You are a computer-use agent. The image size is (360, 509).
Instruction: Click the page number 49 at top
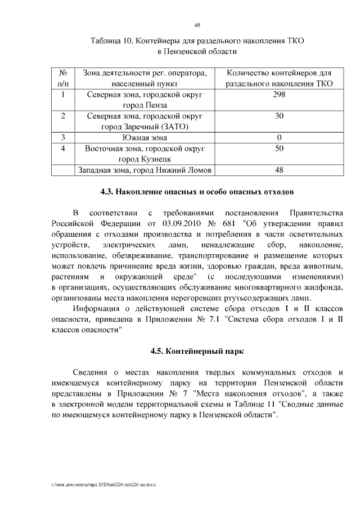tap(197, 25)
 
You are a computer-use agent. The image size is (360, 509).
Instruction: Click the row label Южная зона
tap(144, 137)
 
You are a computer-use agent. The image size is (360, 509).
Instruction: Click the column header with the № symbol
tap(63, 73)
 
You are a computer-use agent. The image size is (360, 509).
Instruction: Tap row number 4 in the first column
tap(63, 148)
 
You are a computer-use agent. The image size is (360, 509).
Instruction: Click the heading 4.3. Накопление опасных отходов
tap(196, 192)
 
